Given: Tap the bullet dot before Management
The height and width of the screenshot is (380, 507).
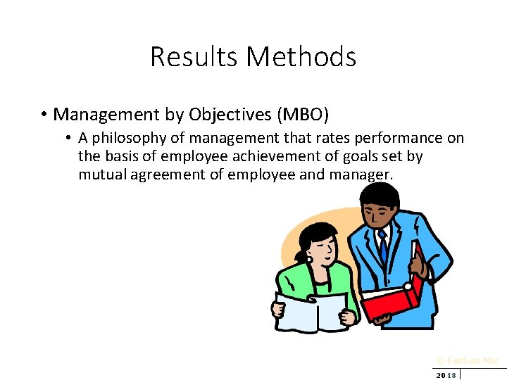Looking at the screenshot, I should point(44,114).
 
